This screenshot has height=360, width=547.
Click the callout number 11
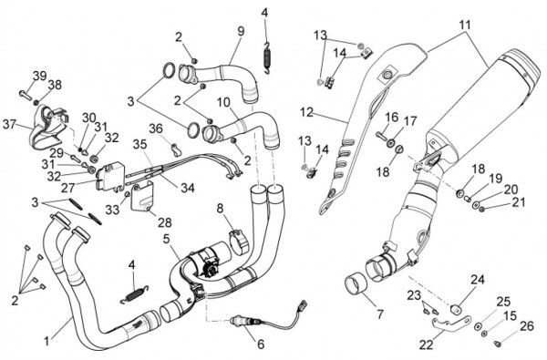click(464, 26)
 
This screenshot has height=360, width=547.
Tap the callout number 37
click(10, 124)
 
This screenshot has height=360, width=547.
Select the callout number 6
click(261, 344)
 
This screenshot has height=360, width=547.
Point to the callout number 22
click(426, 345)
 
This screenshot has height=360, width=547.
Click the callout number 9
click(241, 31)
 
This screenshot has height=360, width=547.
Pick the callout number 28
click(165, 221)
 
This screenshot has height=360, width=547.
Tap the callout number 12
click(307, 112)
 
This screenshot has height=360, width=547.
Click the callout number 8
click(220, 209)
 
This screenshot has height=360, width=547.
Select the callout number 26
click(527, 326)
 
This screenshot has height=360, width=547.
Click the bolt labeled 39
click(25, 94)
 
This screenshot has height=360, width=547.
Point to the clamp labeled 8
click(239, 241)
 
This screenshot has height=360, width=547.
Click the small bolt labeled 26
click(498, 344)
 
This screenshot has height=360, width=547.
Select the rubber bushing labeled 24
click(456, 309)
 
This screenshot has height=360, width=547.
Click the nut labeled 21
click(482, 210)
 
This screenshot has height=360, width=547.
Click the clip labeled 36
click(175, 149)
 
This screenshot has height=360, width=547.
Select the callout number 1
click(46, 341)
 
